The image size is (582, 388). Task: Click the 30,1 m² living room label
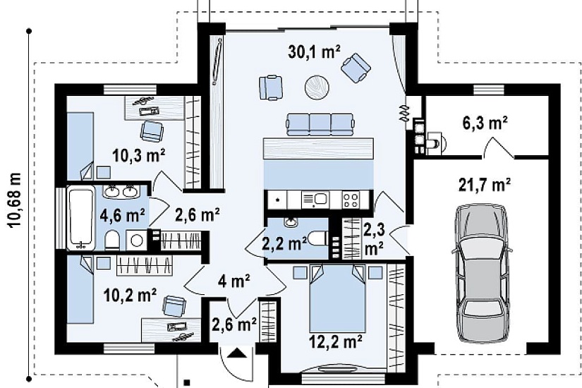coord(314,52)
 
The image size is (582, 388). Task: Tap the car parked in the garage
coord(481,274)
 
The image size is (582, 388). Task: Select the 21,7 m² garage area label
coord(485,185)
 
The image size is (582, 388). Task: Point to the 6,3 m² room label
coord(485,123)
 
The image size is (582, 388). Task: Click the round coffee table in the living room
coord(317,87)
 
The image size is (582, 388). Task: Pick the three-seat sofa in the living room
coord(320,124)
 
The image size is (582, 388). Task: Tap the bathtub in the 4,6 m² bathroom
coord(80,219)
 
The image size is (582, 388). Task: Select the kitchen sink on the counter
coord(315,200)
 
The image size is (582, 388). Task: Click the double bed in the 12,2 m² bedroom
coord(337,298)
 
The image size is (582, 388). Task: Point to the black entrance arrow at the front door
coord(237,352)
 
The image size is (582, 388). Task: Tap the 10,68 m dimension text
coord(15,200)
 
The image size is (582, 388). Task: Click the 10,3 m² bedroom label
coord(139,156)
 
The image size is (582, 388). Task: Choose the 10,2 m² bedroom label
coord(130,296)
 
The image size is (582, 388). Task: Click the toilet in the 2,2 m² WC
coord(319,238)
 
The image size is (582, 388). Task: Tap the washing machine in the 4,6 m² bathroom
coord(137,241)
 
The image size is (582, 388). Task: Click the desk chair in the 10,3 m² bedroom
coord(152,131)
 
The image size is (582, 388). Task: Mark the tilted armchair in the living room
coord(356,68)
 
